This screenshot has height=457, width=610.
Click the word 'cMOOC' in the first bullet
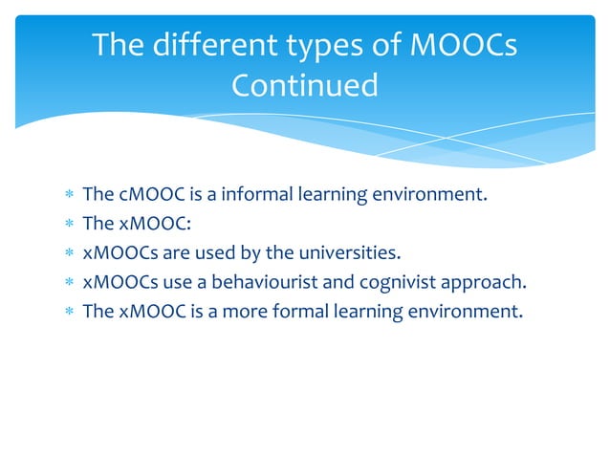coord(151,196)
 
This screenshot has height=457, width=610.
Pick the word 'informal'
coord(258,196)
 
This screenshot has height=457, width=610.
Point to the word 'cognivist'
coord(402,282)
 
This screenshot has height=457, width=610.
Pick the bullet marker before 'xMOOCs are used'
coord(68,254)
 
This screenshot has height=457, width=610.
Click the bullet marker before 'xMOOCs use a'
coord(68,283)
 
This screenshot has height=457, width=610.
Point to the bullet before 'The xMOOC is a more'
coord(68,312)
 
